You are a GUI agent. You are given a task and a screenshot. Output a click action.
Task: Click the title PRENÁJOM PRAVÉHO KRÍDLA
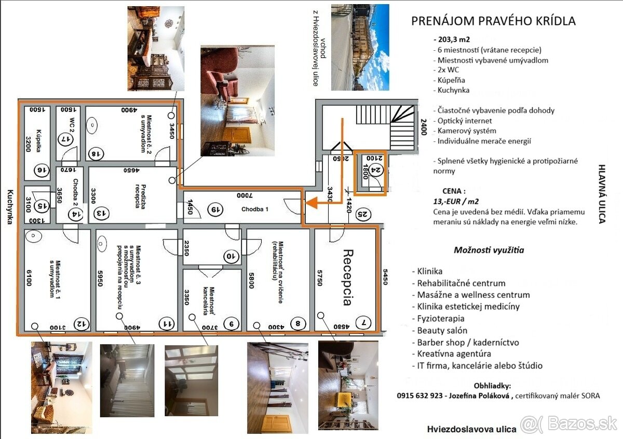point(493,21)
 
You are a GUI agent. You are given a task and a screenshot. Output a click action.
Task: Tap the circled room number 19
point(215,209)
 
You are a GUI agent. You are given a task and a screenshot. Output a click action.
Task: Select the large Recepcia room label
point(348,277)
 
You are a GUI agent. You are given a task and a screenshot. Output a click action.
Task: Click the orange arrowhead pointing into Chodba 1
point(311,203)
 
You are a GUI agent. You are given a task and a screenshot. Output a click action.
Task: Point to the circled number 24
point(376,169)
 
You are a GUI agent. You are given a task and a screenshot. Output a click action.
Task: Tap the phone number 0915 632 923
point(419,395)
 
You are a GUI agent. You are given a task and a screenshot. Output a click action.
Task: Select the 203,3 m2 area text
point(452,39)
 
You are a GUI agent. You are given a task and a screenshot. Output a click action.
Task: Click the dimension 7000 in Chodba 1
point(245,195)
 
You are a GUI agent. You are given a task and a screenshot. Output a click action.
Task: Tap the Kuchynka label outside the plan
point(10,207)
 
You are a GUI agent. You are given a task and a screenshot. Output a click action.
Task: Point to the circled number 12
point(82,324)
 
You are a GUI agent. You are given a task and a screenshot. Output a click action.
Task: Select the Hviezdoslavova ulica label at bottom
point(472,429)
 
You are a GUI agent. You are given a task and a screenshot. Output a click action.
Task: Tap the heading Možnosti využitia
point(489,250)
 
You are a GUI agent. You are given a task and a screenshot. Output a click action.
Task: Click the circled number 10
point(231,256)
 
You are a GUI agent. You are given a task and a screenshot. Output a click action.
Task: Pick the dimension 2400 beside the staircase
point(424,126)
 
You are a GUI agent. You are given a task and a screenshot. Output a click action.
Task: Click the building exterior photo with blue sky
point(360,47)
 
